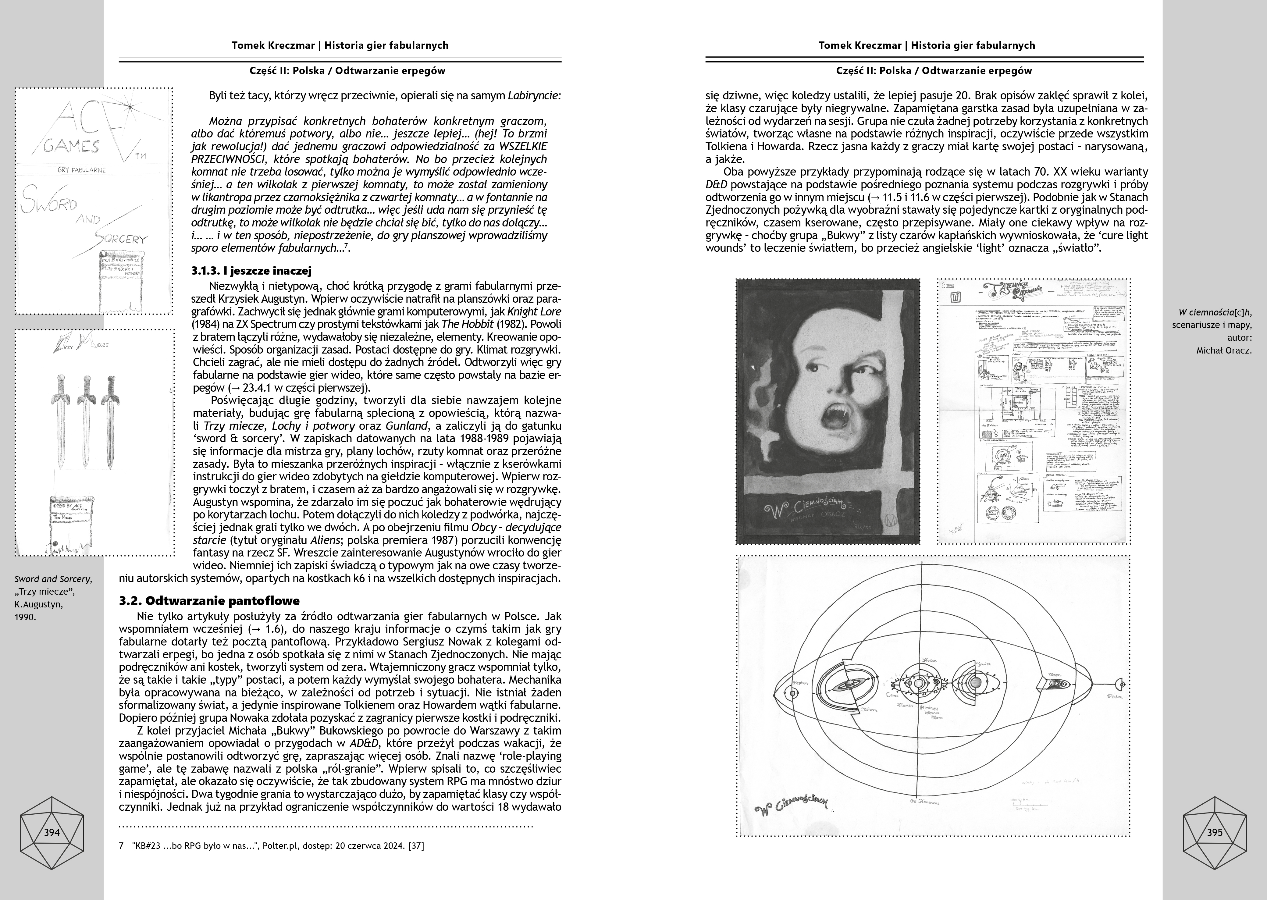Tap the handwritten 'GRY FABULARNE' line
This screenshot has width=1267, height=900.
pos(81,169)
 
